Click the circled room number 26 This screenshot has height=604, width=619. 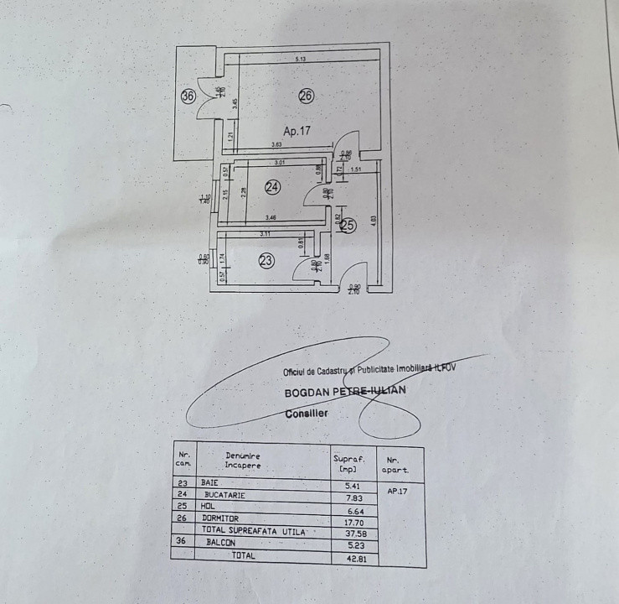306,96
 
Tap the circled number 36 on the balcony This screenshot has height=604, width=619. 188,96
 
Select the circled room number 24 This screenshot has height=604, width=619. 272,187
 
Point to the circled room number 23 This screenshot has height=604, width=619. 266,261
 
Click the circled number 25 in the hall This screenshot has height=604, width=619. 348,225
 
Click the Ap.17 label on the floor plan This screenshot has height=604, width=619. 297,131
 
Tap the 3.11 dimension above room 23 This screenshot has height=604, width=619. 266,233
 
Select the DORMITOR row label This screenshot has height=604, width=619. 220,518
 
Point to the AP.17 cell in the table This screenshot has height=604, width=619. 398,492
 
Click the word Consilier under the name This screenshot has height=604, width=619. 307,414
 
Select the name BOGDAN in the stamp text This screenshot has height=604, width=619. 307,390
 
